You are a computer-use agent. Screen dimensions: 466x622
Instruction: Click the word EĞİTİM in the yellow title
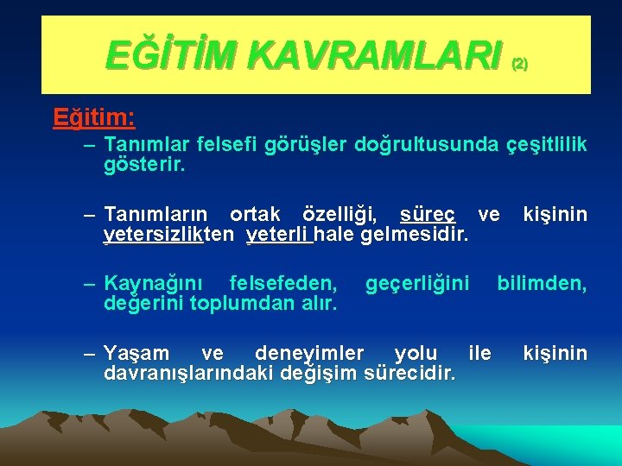(162, 56)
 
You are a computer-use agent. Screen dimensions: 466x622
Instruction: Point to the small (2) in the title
(519, 64)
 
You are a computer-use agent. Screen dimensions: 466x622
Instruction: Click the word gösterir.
(144, 164)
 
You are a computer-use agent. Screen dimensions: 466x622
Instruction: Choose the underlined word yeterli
(278, 234)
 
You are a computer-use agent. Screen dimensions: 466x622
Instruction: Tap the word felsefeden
(284, 283)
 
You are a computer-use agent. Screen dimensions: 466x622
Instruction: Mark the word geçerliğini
(417, 283)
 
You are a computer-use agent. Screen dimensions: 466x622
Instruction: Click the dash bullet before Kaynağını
(89, 283)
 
